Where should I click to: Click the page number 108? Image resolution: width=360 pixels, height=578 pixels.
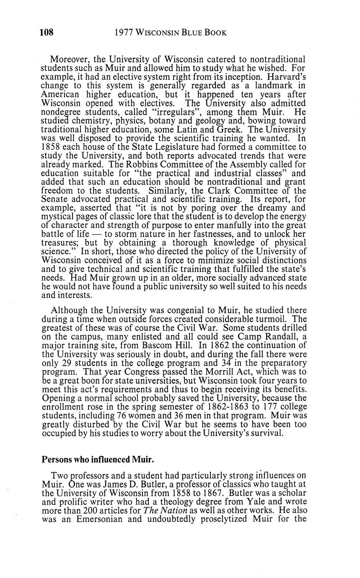[x=47, y=33]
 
